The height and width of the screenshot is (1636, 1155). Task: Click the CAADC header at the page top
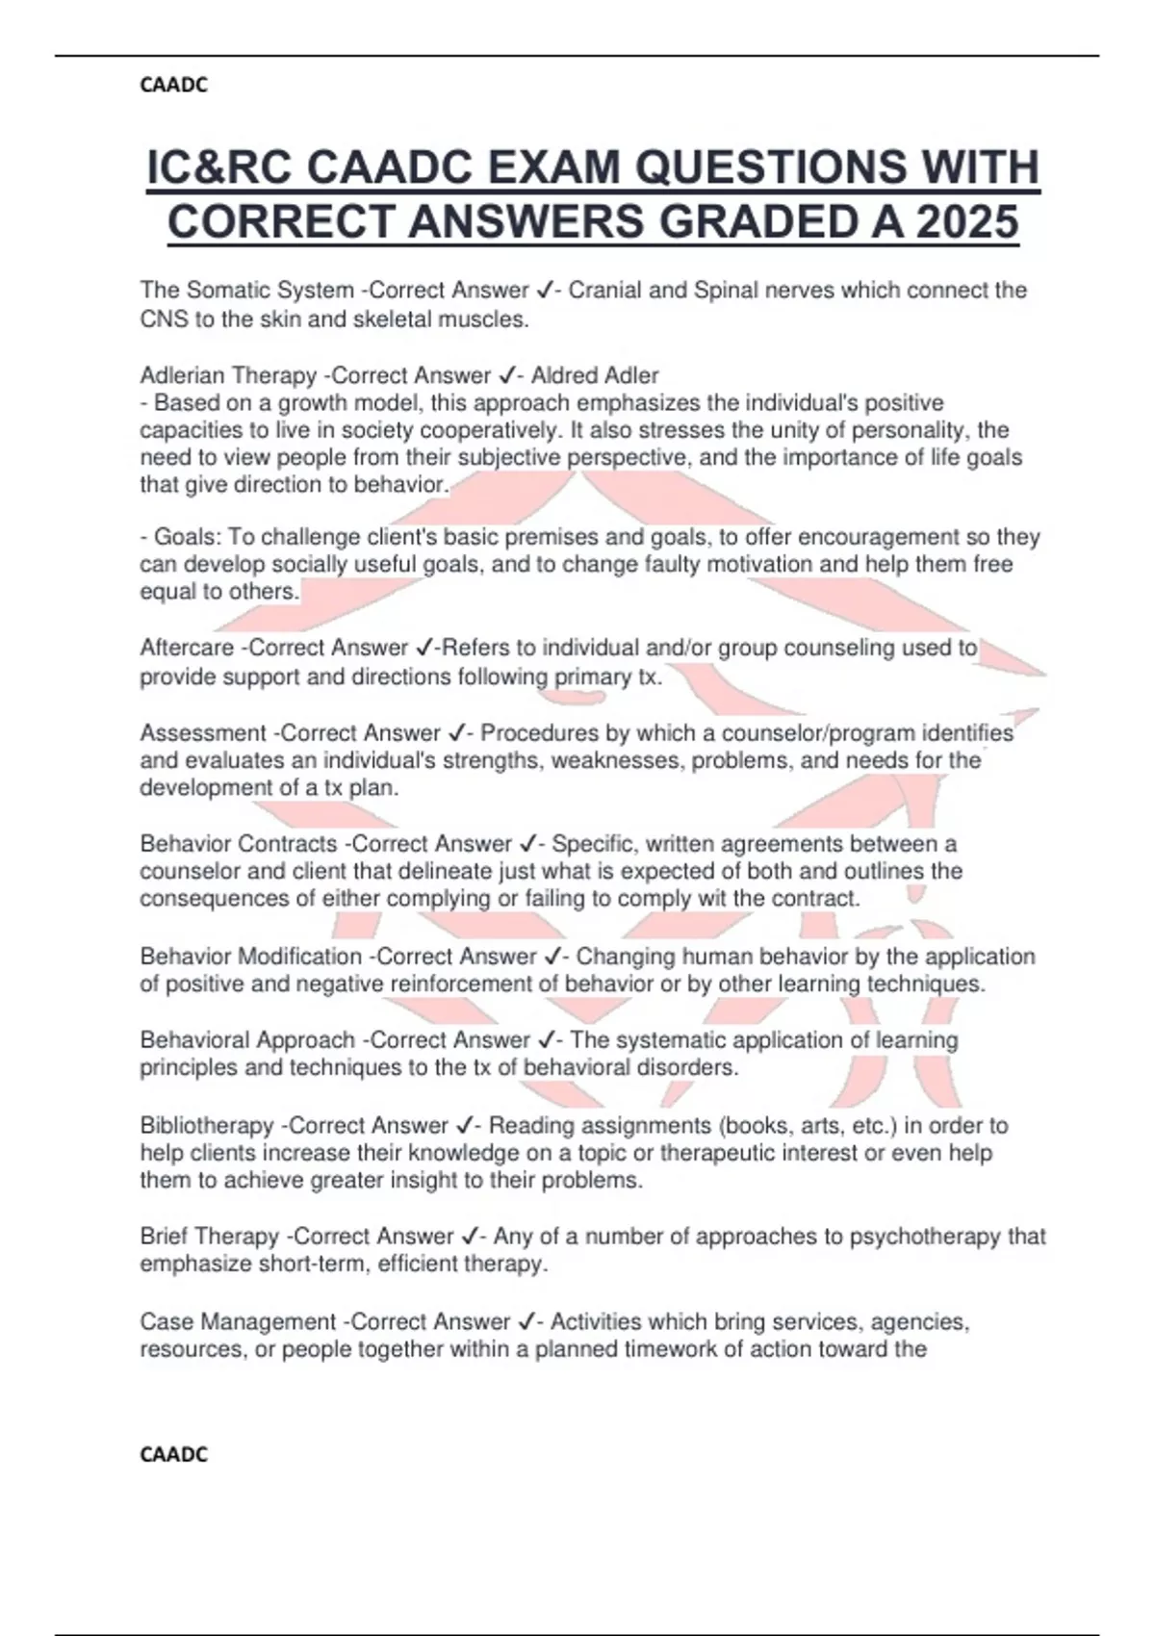[173, 86]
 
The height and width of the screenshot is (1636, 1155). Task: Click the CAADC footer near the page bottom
[173, 1454]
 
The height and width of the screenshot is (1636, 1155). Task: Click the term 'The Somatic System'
[246, 290]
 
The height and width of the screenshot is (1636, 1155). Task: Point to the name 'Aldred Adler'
[595, 374]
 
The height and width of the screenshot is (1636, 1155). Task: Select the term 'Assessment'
[203, 733]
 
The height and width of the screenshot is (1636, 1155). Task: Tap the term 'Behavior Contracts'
[238, 844]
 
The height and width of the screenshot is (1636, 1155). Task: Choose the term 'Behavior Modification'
[250, 957]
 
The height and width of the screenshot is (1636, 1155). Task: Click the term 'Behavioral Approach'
[247, 1040]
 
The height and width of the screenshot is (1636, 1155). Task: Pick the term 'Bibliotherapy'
[207, 1125]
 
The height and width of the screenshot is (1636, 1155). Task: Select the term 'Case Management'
[238, 1321]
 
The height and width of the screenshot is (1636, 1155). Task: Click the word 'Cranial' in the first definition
[603, 290]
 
